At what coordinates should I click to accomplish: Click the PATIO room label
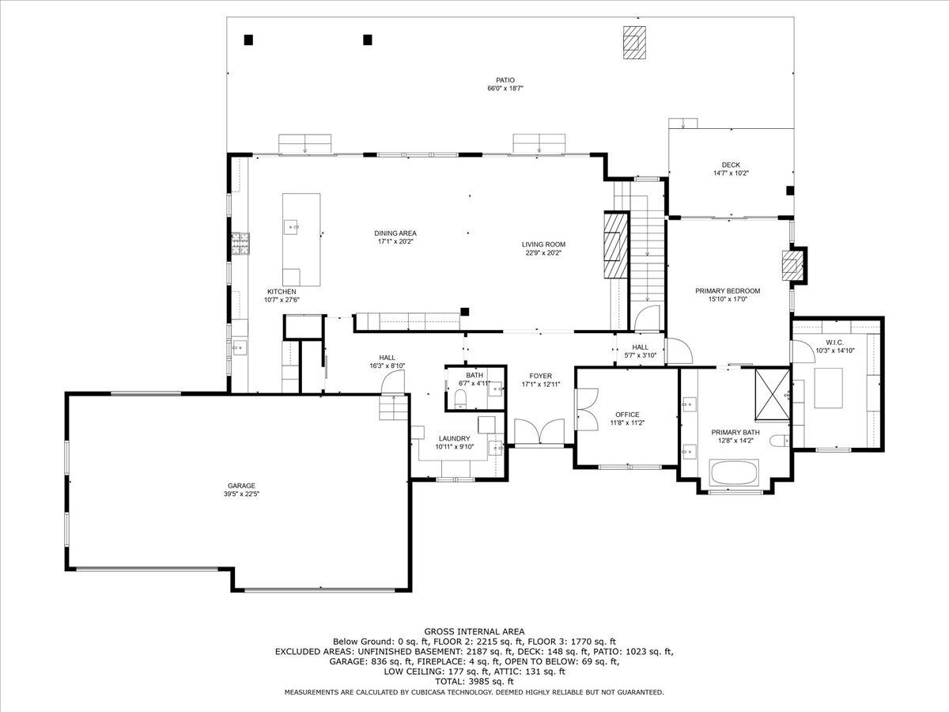[x=505, y=80]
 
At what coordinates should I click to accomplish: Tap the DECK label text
[x=731, y=165]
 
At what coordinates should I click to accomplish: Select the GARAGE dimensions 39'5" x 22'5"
[x=241, y=494]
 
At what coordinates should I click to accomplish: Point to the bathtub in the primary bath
[x=734, y=472]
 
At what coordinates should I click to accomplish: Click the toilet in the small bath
[x=461, y=398]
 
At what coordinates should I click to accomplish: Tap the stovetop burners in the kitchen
[x=240, y=244]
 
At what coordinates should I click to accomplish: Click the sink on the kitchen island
[x=291, y=227]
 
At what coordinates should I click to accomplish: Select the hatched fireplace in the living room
[x=615, y=245]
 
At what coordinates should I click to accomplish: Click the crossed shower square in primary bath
[x=772, y=394]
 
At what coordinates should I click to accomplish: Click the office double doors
[x=587, y=409]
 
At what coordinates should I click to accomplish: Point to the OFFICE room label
[x=627, y=415]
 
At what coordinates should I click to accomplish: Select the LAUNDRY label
[x=454, y=438]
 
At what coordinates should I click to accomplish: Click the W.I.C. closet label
[x=835, y=343]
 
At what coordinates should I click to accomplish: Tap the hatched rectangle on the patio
[x=634, y=43]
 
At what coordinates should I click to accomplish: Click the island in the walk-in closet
[x=828, y=388]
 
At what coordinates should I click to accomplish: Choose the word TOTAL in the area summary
[x=450, y=681]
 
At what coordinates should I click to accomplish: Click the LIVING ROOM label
[x=543, y=244]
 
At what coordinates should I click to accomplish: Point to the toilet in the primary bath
[x=779, y=441]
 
